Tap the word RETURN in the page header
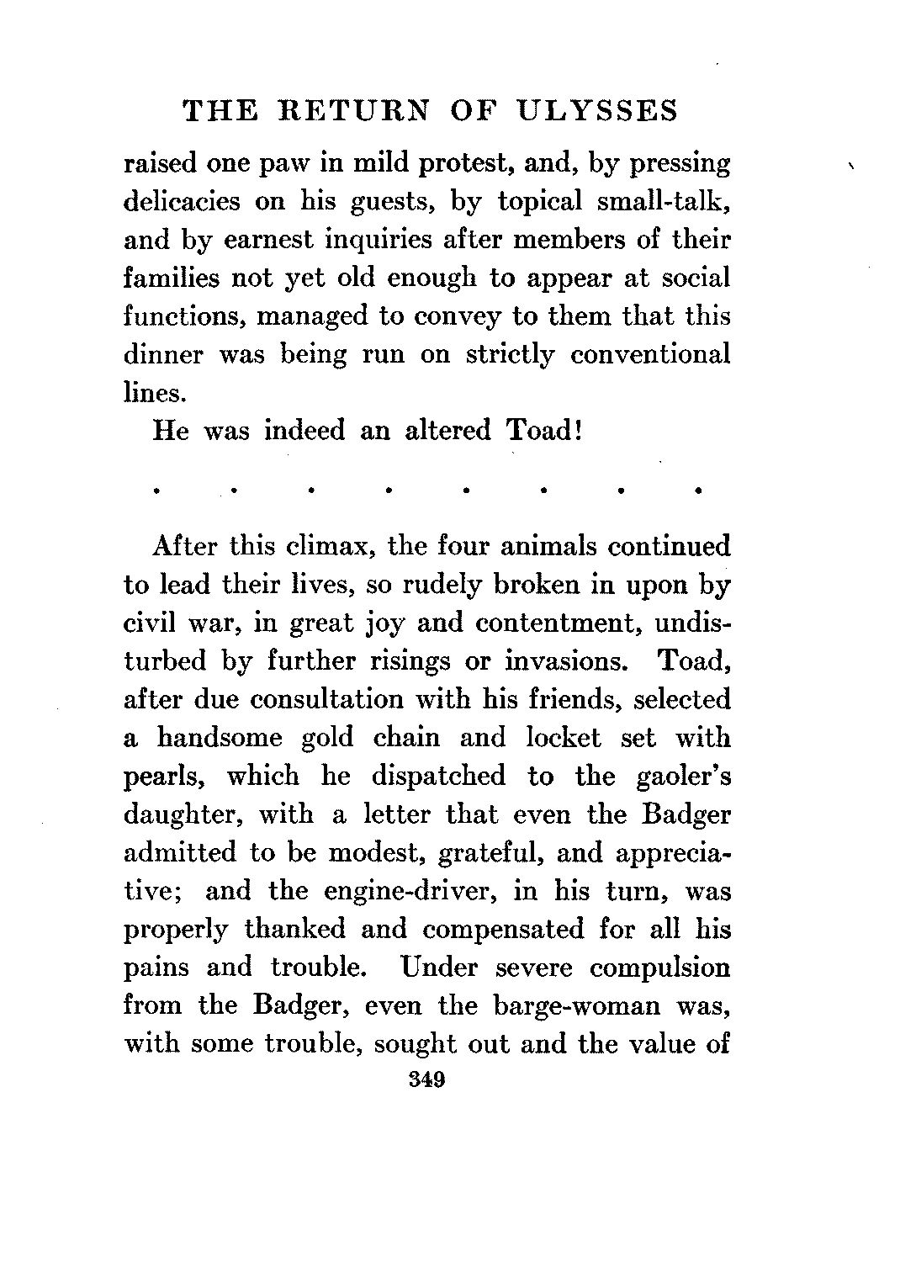click(x=349, y=111)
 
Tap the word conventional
click(x=650, y=355)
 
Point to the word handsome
click(x=220, y=738)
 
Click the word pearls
click(x=165, y=777)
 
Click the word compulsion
click(x=660, y=968)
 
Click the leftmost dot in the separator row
click(x=157, y=488)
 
